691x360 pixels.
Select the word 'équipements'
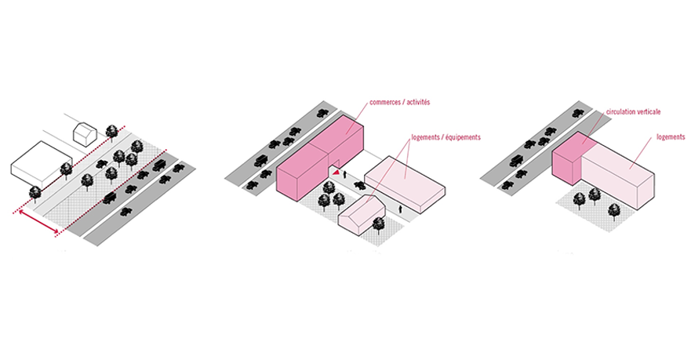pos(458,137)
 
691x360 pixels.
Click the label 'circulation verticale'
pos(633,112)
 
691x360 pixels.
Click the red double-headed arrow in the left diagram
pos(38,221)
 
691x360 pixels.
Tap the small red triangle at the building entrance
pos(336,171)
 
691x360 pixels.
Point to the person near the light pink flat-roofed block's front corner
pos(402,209)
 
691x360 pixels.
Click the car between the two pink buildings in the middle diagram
pos(360,184)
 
